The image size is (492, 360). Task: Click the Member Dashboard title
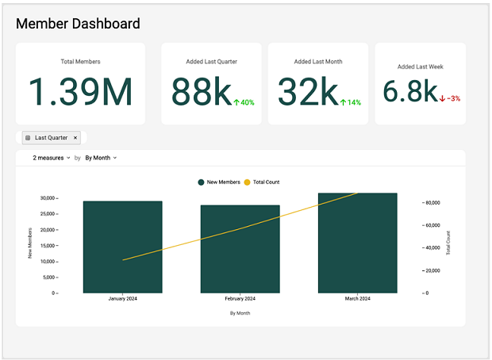[78, 24]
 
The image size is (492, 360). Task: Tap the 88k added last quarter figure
[201, 92]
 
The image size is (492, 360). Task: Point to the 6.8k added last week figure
[409, 92]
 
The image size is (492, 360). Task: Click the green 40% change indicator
[244, 102]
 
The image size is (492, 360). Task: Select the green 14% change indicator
[351, 102]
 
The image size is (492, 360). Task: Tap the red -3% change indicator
[450, 98]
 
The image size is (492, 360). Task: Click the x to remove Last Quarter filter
[75, 138]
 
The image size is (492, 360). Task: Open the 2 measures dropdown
[52, 158]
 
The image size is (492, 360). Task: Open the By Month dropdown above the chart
[101, 158]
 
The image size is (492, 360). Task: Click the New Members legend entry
[221, 182]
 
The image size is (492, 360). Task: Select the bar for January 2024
[122, 247]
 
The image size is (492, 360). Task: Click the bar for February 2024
[240, 249]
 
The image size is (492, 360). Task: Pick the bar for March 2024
[357, 243]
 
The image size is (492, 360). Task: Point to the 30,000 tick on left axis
[48, 197]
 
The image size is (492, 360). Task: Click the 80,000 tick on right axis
[432, 203]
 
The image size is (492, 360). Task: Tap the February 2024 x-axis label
[240, 299]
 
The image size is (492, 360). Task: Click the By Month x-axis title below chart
[240, 313]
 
